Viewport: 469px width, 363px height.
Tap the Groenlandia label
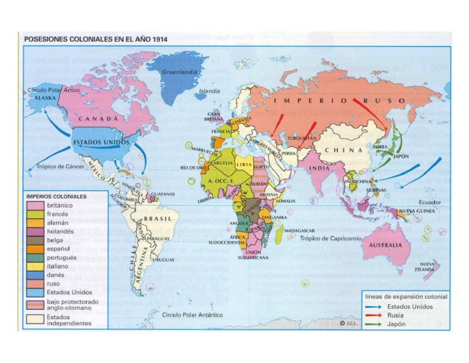coord(180,71)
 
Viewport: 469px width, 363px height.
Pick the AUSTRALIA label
coord(385,244)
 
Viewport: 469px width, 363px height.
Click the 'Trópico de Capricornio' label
coord(331,238)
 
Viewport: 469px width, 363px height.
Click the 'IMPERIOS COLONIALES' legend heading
coord(56,196)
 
